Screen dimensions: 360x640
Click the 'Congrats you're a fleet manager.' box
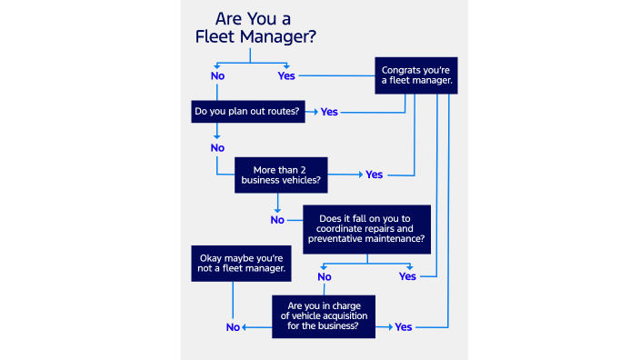[x=416, y=74]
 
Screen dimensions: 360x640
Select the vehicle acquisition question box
[x=324, y=315]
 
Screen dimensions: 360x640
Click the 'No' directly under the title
[x=217, y=75]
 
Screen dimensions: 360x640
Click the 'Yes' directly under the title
[x=286, y=75]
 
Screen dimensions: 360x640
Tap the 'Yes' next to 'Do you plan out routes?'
[x=329, y=111]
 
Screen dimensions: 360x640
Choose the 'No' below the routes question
[x=217, y=147]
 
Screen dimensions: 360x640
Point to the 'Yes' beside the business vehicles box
[x=374, y=175]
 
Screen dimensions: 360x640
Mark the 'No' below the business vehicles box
[x=277, y=219]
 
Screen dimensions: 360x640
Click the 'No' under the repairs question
[x=325, y=276]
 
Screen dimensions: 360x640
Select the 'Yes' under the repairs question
[x=407, y=276]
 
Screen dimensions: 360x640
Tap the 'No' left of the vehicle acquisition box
[x=232, y=326]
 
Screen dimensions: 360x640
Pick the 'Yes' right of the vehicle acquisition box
[x=404, y=326]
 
